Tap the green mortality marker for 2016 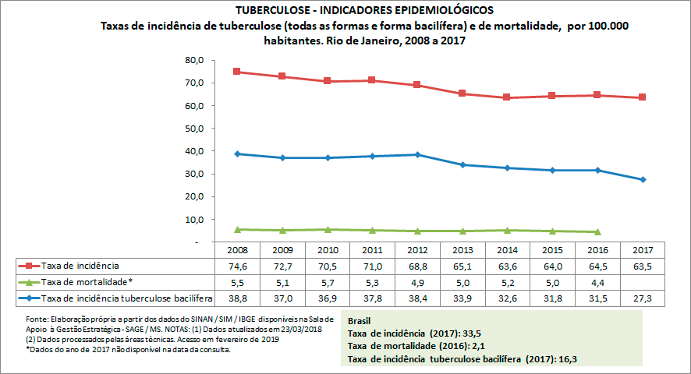tap(597, 232)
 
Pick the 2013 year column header tap(462, 251)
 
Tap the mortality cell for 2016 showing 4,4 tap(597, 281)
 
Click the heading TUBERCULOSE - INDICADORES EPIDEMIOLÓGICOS tap(363, 10)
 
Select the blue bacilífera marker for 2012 tap(417, 155)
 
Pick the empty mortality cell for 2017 tap(643, 281)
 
